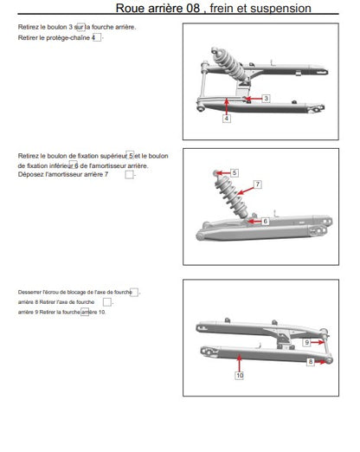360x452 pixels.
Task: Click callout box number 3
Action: click(x=266, y=99)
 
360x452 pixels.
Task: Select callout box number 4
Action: click(x=227, y=118)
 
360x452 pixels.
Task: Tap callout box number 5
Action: click(x=235, y=173)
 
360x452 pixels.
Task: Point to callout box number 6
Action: click(x=265, y=222)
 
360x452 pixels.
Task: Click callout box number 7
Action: click(x=258, y=184)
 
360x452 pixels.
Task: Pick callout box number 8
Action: click(x=311, y=362)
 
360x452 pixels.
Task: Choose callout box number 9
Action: click(x=306, y=342)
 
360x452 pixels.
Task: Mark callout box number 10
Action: click(x=240, y=375)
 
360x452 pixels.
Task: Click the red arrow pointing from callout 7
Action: click(x=246, y=190)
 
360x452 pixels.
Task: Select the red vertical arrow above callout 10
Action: click(x=239, y=363)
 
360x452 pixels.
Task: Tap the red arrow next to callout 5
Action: click(x=223, y=173)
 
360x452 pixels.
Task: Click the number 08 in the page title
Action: click(x=193, y=8)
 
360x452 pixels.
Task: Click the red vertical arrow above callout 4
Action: click(x=227, y=107)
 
